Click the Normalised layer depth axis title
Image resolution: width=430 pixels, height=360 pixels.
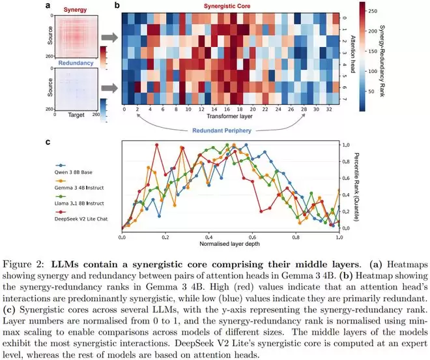[x=229, y=243]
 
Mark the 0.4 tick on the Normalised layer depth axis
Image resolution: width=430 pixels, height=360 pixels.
[x=208, y=236]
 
